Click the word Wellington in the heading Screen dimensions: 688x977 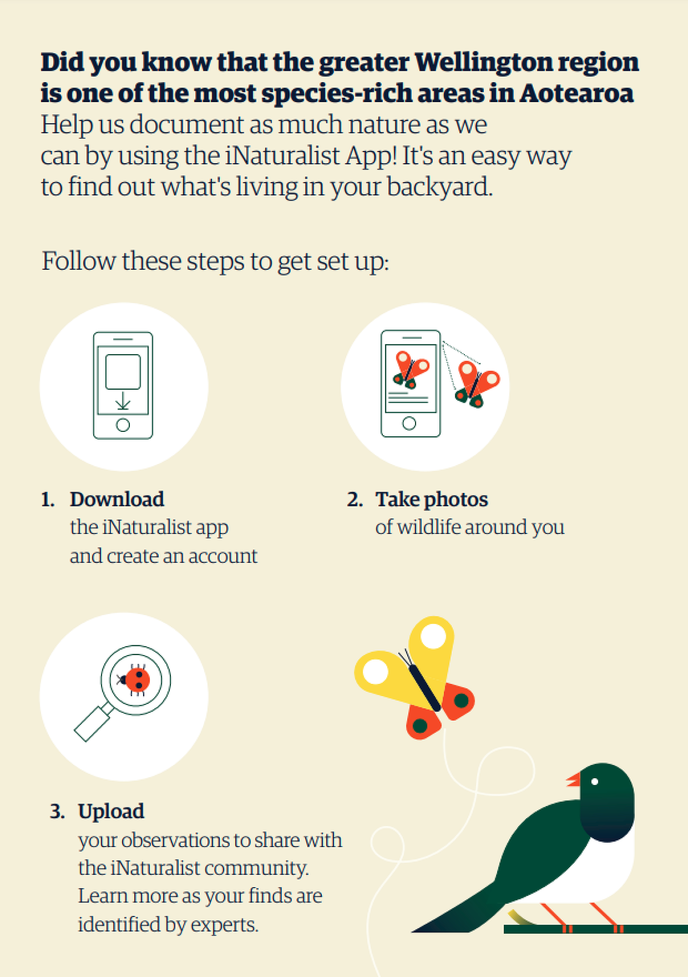point(483,63)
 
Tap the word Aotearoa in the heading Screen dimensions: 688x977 point(576,93)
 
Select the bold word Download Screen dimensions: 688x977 point(117,499)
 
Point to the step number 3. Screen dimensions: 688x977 point(57,811)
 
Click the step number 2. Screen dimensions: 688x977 point(354,500)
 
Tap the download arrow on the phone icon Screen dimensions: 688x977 point(123,400)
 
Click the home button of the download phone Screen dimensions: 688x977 point(123,425)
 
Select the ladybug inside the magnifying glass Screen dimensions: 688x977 point(135,680)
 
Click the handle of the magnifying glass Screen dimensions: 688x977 point(93,722)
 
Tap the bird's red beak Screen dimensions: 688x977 point(573,780)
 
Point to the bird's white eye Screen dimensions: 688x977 point(594,782)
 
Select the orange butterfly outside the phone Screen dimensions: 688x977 point(477,384)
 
